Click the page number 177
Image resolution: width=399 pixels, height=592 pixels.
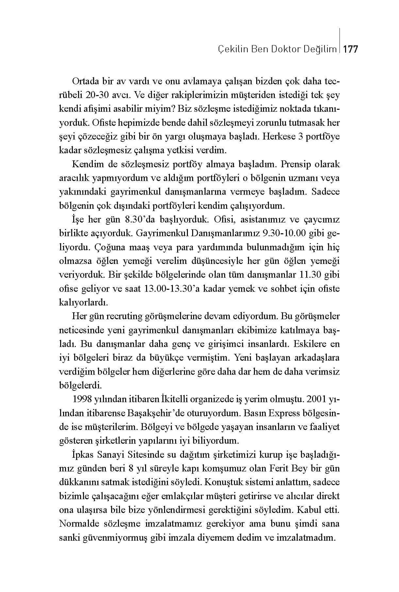pyautogui.click(x=351, y=49)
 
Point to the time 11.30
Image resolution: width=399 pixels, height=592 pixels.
pyautogui.click(x=310, y=274)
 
